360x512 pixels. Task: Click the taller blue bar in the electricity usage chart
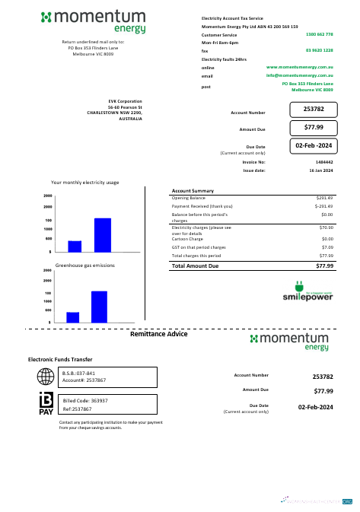point(103,234)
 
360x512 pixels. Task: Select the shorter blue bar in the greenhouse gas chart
point(73,316)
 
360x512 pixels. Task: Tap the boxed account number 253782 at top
point(314,110)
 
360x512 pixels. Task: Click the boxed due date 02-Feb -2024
point(314,145)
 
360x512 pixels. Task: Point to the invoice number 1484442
point(323,162)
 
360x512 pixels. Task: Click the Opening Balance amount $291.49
point(325,198)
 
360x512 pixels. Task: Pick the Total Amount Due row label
point(196,266)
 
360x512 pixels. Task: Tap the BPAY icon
point(46,404)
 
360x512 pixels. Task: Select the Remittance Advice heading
point(159,334)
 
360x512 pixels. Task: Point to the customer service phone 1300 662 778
point(319,35)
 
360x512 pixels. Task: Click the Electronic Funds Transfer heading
point(60,358)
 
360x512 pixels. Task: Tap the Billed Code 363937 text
point(85,400)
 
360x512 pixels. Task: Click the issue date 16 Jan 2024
point(320,171)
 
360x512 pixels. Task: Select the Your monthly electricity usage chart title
point(84,183)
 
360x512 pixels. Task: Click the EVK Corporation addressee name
point(126,100)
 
